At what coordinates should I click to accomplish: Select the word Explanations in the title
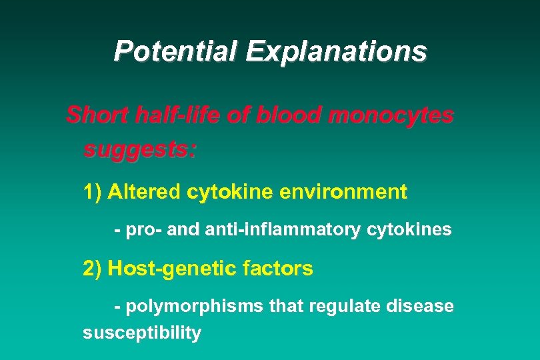tap(337, 51)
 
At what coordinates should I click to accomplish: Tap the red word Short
tap(97, 115)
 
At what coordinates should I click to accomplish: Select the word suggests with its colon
tap(140, 150)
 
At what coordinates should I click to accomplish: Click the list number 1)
tap(93, 193)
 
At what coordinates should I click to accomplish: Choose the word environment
tap(343, 193)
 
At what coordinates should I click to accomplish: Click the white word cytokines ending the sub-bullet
tap(409, 230)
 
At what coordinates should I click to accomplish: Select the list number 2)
tap(93, 269)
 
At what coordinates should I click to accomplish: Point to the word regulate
tap(346, 307)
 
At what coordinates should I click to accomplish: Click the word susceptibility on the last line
tap(141, 333)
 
